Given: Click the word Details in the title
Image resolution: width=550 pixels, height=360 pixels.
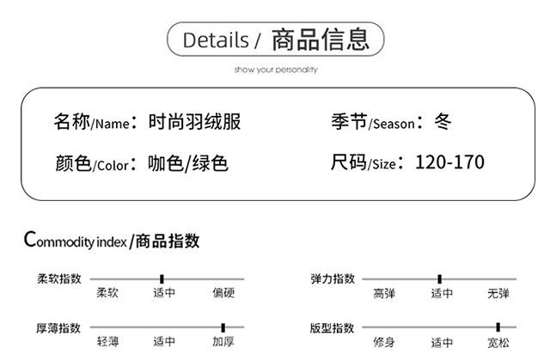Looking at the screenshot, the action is point(216,40).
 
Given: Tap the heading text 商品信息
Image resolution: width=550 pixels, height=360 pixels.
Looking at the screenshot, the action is point(320,40).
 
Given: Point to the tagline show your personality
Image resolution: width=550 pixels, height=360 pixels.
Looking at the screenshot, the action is point(275,69).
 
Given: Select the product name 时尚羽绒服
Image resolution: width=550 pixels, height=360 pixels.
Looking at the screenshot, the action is point(194,122).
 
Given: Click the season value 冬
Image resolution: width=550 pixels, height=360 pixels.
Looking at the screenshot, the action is point(443,122).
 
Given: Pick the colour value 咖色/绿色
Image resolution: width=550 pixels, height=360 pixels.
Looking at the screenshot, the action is point(187,163).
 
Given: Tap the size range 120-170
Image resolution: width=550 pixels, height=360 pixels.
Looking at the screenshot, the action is point(449,162).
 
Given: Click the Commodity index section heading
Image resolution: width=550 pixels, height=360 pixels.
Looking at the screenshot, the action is point(112,240).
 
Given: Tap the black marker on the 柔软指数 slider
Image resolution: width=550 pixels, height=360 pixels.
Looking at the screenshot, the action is point(162,278).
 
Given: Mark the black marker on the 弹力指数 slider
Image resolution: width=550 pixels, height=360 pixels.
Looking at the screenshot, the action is point(439,278).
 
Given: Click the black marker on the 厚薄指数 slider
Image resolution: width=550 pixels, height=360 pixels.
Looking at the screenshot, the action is point(223,327).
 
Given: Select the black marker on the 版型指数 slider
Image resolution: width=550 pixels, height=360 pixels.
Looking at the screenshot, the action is point(498,327).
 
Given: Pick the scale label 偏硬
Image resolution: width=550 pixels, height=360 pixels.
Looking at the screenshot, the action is point(223,294).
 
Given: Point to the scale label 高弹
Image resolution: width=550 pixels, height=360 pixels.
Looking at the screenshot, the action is point(384,294).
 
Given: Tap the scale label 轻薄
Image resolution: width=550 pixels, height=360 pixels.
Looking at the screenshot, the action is point(107,342).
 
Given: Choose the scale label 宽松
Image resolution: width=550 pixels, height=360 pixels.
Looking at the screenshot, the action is point(498,342).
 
